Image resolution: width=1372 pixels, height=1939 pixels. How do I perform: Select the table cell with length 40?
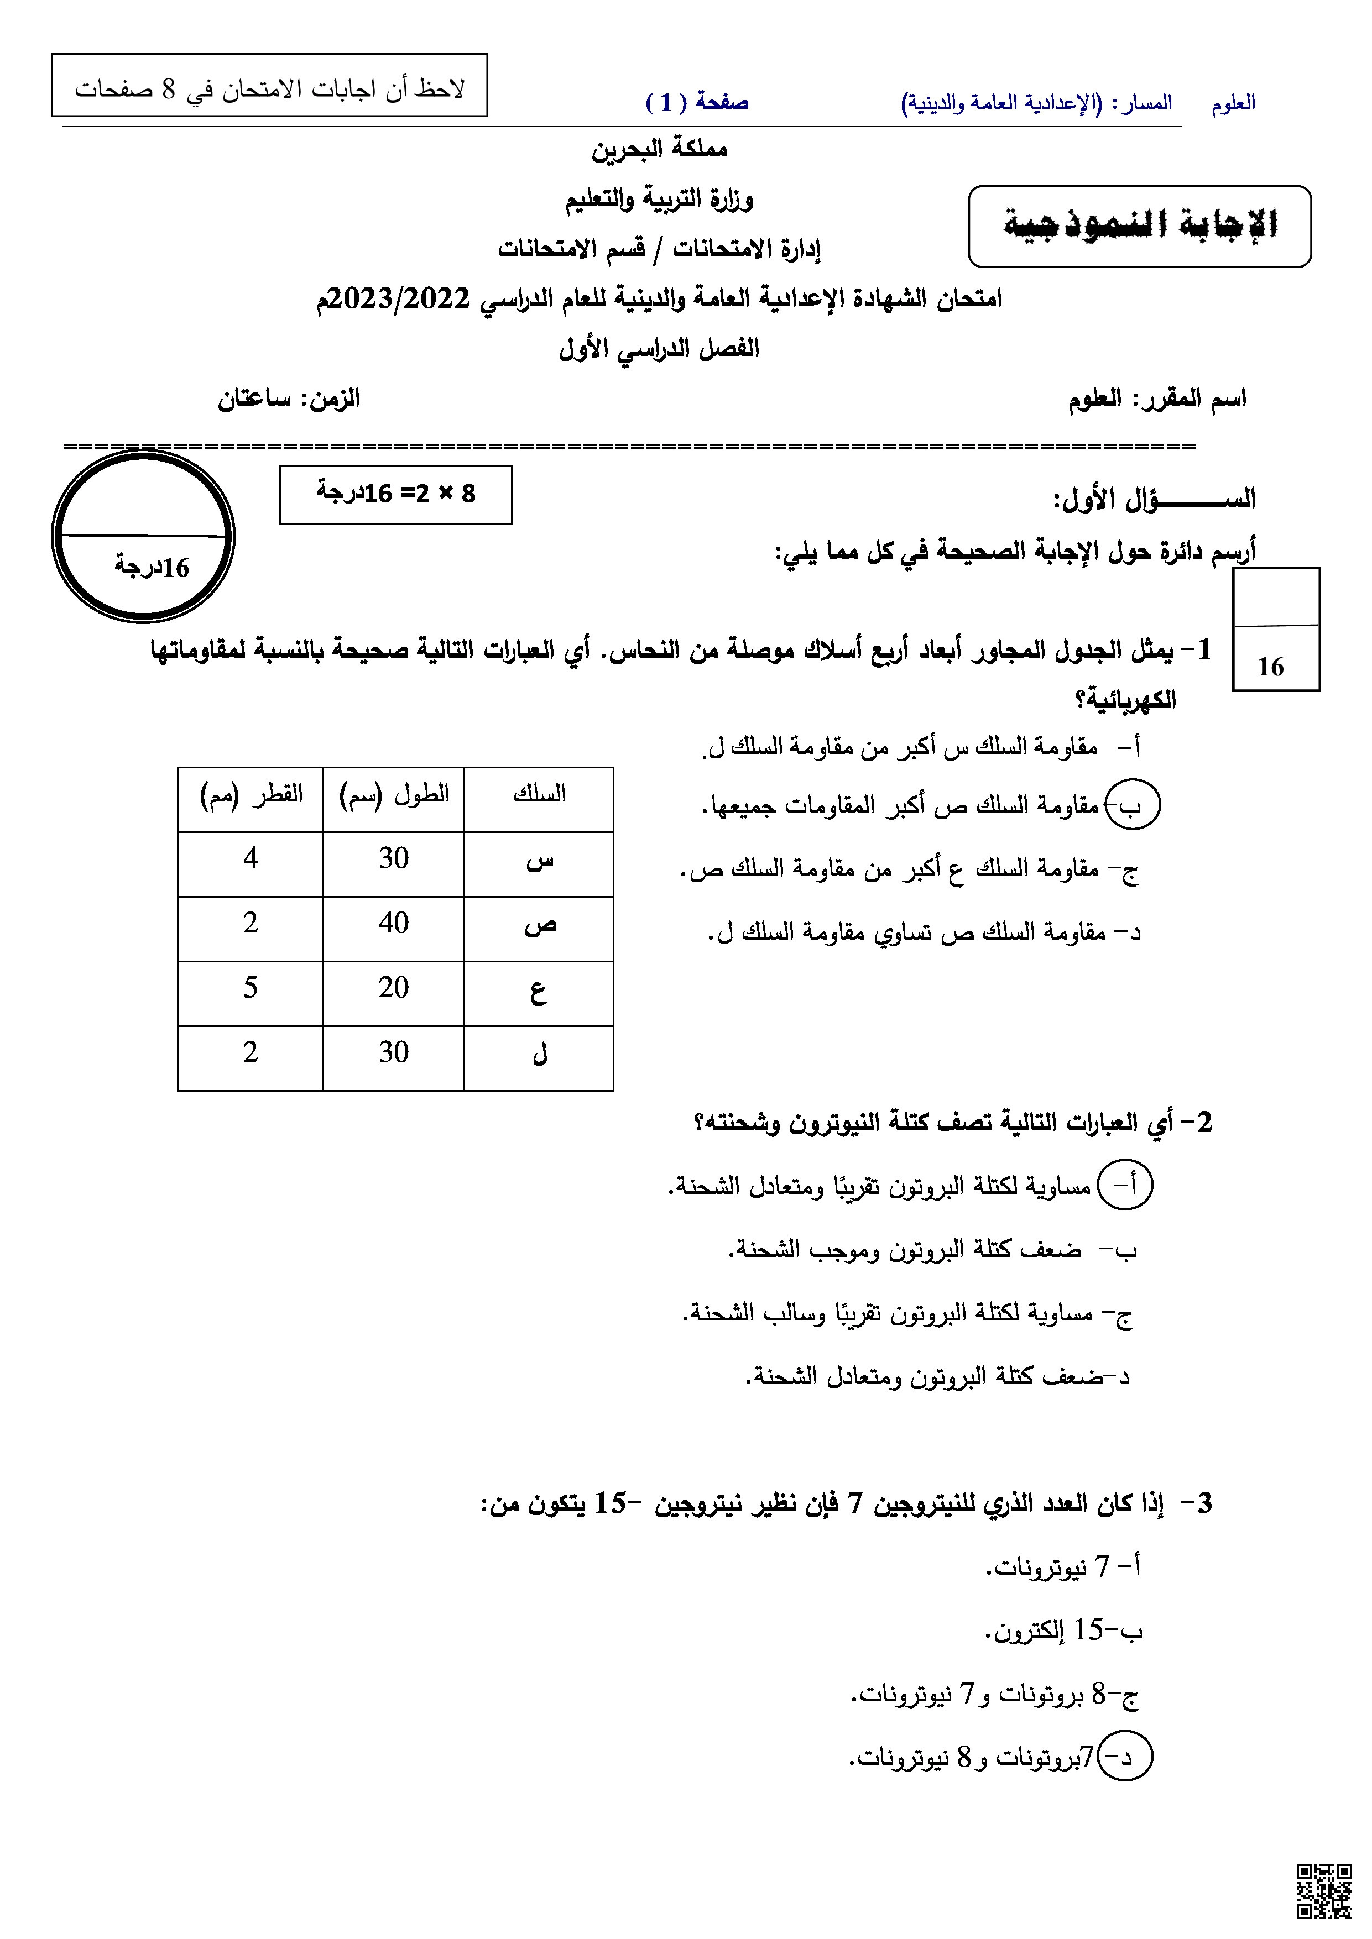click(394, 923)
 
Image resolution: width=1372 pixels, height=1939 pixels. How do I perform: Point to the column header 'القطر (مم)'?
click(251, 795)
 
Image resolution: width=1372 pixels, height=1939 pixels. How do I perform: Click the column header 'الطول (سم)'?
click(394, 795)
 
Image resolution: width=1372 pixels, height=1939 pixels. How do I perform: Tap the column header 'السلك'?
click(539, 795)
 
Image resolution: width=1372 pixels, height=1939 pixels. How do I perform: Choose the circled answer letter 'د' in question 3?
click(1125, 1758)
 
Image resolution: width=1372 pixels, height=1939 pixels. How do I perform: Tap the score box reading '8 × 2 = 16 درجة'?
click(395, 494)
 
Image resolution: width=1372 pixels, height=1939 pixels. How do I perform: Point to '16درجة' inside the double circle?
click(152, 567)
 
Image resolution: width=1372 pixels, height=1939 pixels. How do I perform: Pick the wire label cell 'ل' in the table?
click(540, 1054)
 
